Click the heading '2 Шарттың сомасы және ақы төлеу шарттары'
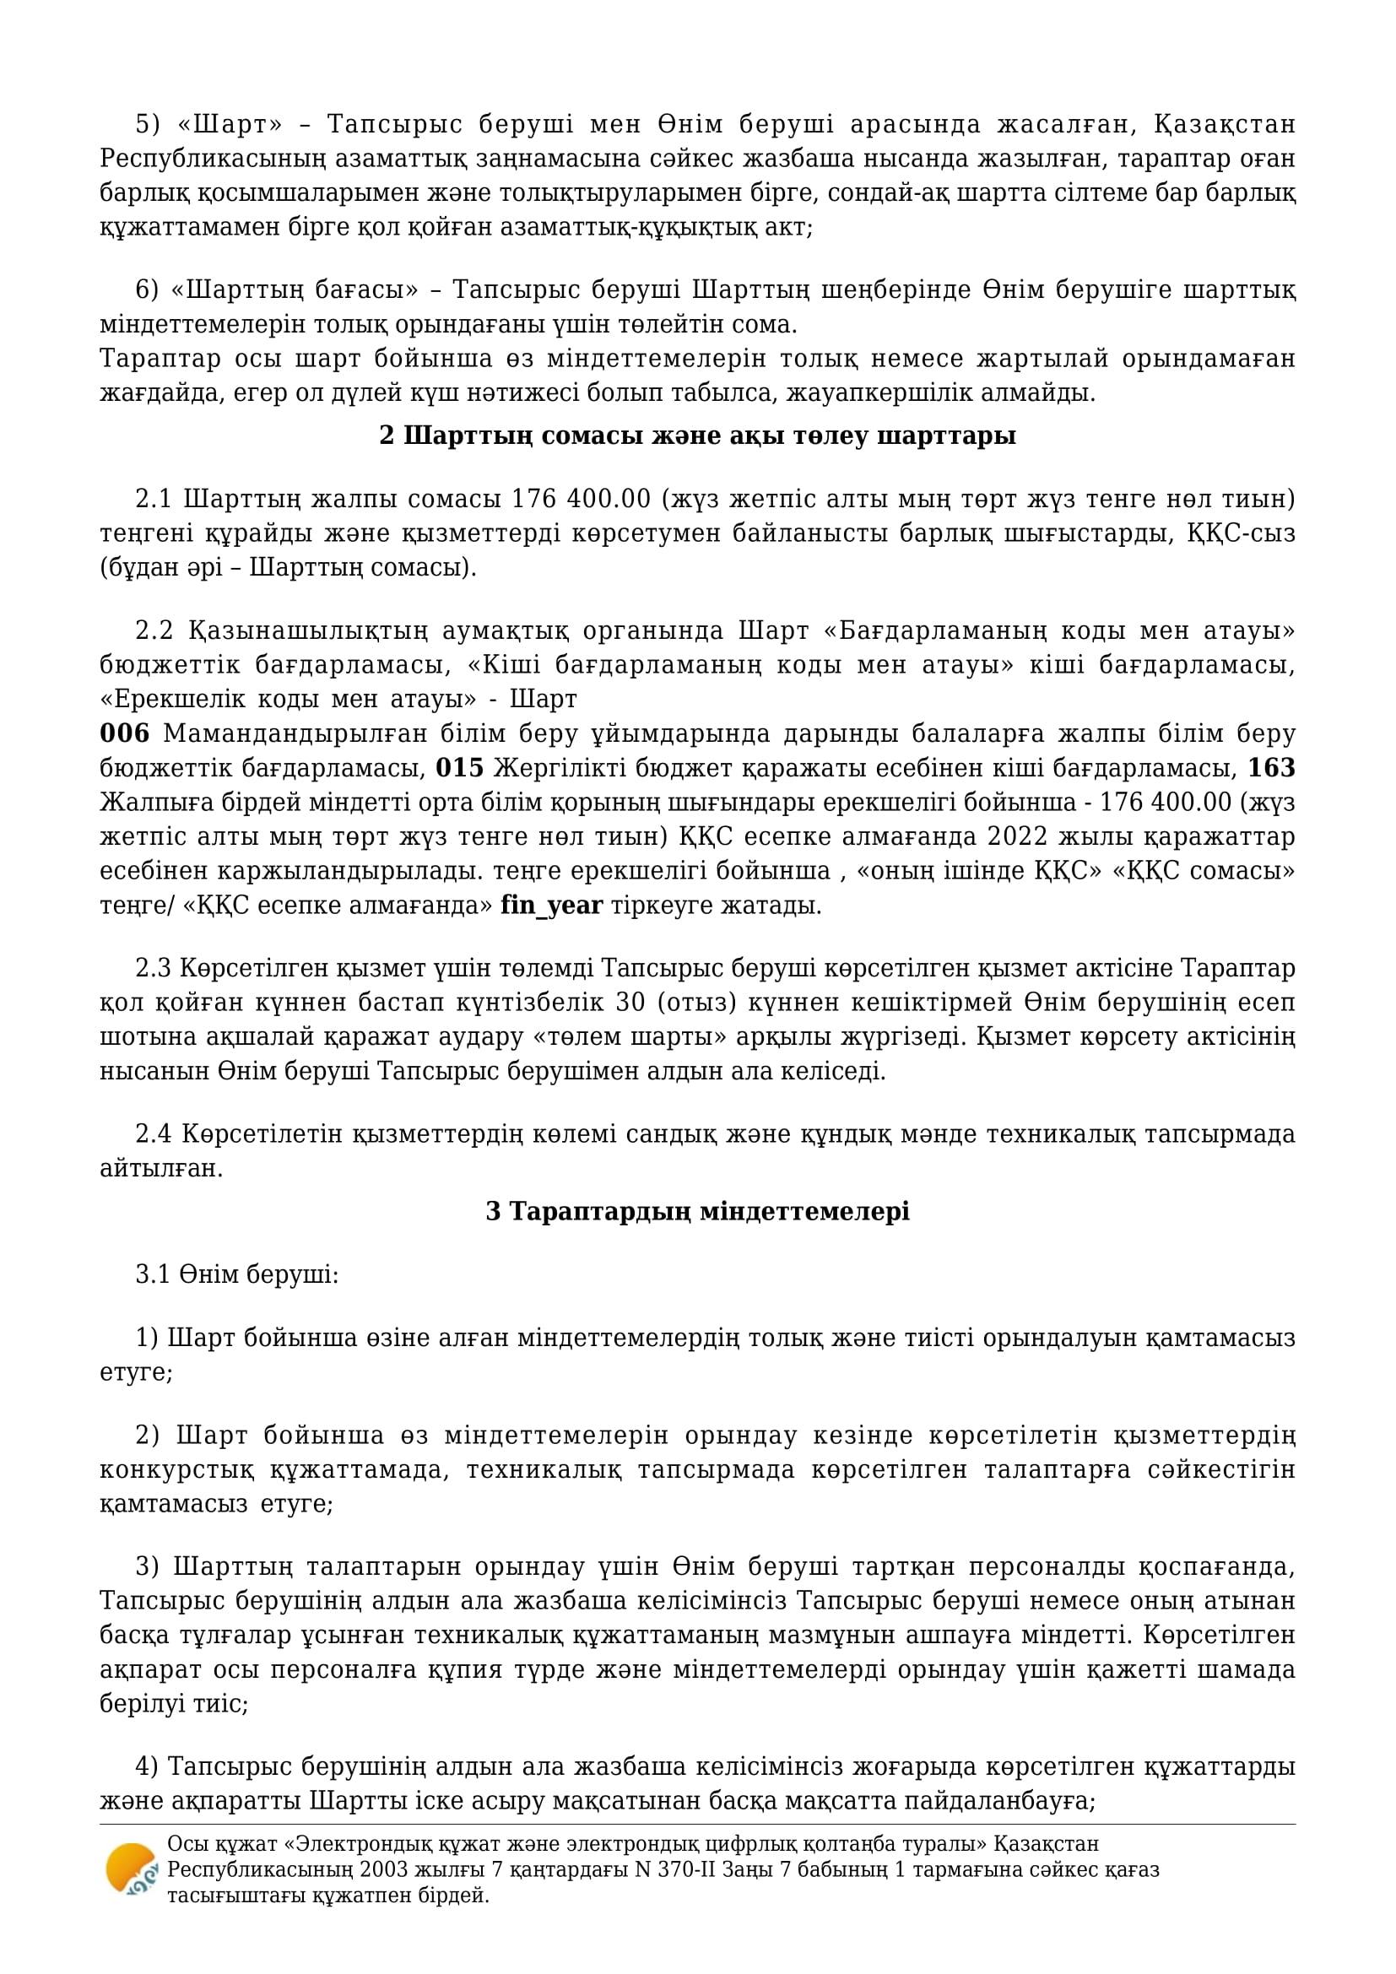tap(697, 435)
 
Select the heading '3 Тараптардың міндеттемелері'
tap(697, 1211)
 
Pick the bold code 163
tap(1270, 768)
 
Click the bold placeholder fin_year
tap(551, 906)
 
